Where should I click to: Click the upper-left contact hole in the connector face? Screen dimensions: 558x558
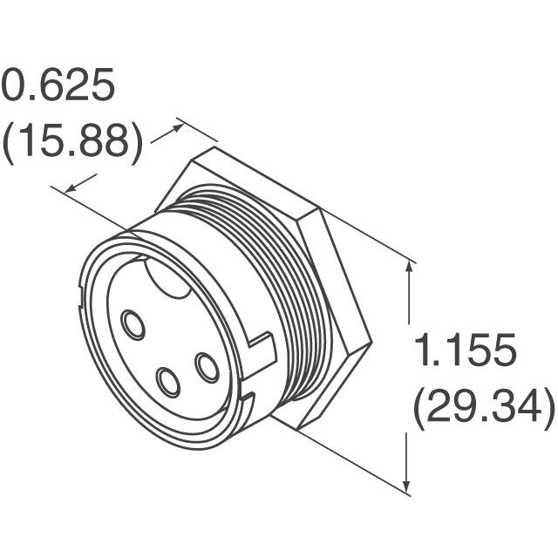coord(133,325)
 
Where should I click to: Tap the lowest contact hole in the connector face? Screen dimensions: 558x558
coord(167,382)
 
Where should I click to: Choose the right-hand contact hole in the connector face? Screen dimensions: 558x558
coord(208,367)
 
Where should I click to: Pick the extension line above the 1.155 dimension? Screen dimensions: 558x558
coord(366,235)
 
